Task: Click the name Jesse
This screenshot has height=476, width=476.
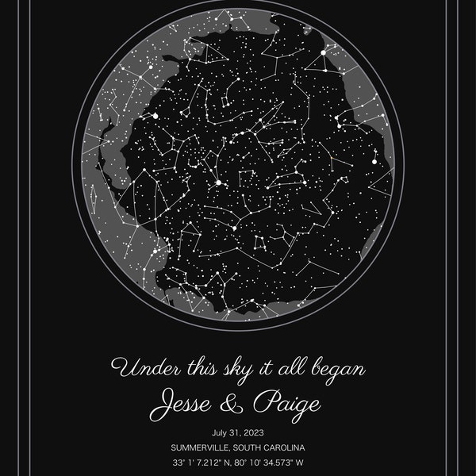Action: tap(191, 404)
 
